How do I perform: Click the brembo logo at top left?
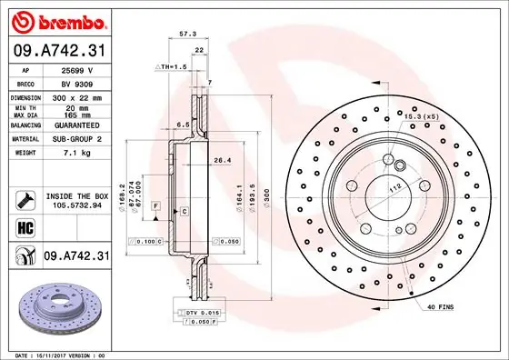click(56, 20)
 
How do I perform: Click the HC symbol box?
click(24, 228)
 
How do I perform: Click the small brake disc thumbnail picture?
click(56, 308)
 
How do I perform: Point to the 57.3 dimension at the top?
click(188, 34)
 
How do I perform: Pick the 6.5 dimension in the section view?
click(181, 125)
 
